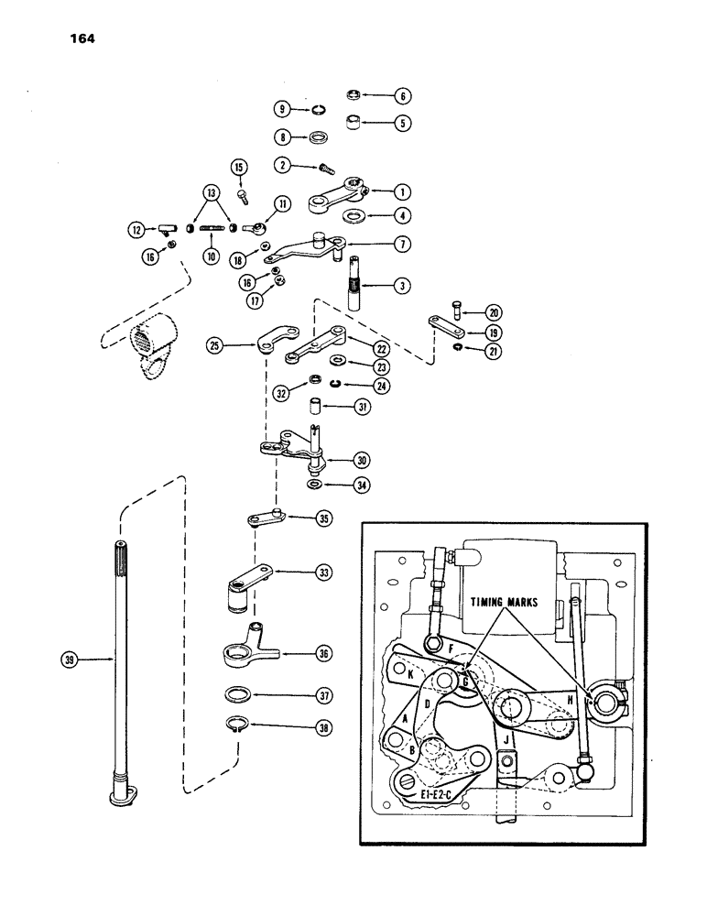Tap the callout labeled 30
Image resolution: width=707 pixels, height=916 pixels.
(x=337, y=460)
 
